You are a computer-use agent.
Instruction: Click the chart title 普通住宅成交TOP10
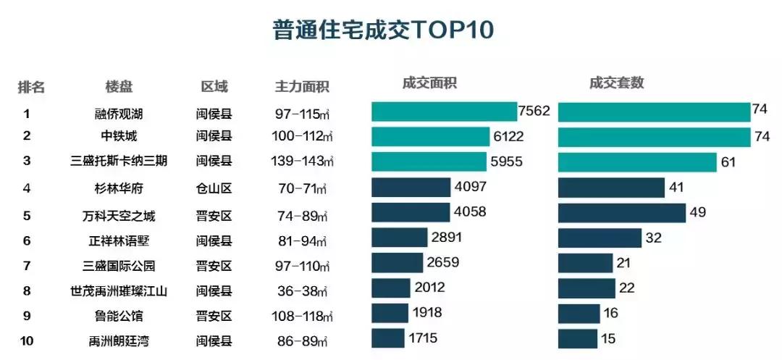point(383,30)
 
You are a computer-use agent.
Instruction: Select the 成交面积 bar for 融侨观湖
point(444,112)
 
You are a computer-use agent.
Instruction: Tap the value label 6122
point(508,136)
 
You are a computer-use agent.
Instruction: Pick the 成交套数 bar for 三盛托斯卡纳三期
point(637,162)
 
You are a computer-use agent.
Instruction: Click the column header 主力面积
point(302,87)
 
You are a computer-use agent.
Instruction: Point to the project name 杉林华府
point(119,188)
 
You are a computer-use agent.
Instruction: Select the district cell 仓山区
point(214,188)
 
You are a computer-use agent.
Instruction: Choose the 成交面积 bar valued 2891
point(400,238)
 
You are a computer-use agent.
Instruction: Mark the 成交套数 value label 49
point(698,212)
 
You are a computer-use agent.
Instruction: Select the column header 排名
point(31,87)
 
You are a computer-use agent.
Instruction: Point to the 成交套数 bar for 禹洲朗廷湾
point(578,338)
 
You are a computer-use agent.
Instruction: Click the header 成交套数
point(616,83)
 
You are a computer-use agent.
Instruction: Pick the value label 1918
point(427,313)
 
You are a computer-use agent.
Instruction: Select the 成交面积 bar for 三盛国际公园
point(397,263)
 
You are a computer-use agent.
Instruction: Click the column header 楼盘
point(119,87)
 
